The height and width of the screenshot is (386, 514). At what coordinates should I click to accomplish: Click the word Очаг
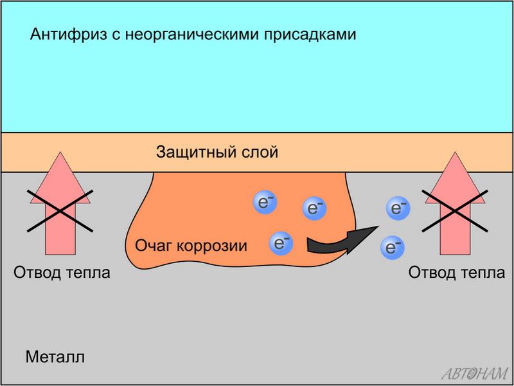[x=153, y=245]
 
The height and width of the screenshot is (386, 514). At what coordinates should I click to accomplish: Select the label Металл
[x=55, y=357]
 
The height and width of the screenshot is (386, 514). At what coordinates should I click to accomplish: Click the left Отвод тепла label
[x=62, y=273]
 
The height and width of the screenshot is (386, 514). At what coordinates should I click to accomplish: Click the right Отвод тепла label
[x=457, y=273]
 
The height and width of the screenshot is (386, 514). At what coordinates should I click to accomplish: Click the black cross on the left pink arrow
[x=60, y=210]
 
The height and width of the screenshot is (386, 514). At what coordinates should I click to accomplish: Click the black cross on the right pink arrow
[x=454, y=210]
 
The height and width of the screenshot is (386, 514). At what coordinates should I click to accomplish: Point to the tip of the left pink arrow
[x=60, y=153]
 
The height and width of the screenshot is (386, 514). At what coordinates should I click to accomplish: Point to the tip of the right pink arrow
[x=454, y=153]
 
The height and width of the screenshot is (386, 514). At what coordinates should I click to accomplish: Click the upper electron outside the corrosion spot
[x=397, y=207]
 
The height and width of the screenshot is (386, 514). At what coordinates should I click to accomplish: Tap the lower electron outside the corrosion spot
[x=392, y=246]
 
